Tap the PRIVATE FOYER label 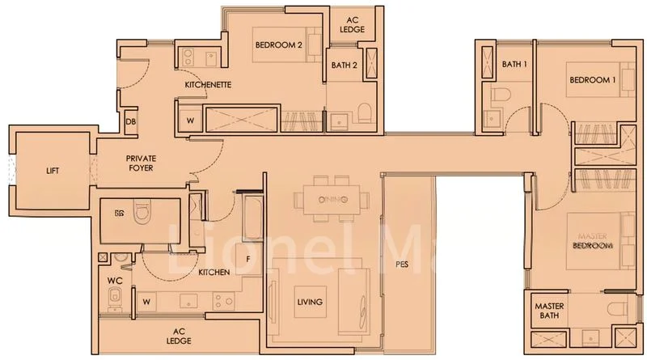pyautogui.click(x=139, y=163)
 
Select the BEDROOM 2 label pyautogui.click(x=278, y=46)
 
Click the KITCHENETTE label pyautogui.click(x=208, y=84)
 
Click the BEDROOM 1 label pyautogui.click(x=593, y=80)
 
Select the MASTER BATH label pyautogui.click(x=550, y=311)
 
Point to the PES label pyautogui.click(x=402, y=264)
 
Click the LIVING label pyautogui.click(x=310, y=302)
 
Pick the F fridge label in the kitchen pyautogui.click(x=248, y=260)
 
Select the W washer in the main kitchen pyautogui.click(x=146, y=303)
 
